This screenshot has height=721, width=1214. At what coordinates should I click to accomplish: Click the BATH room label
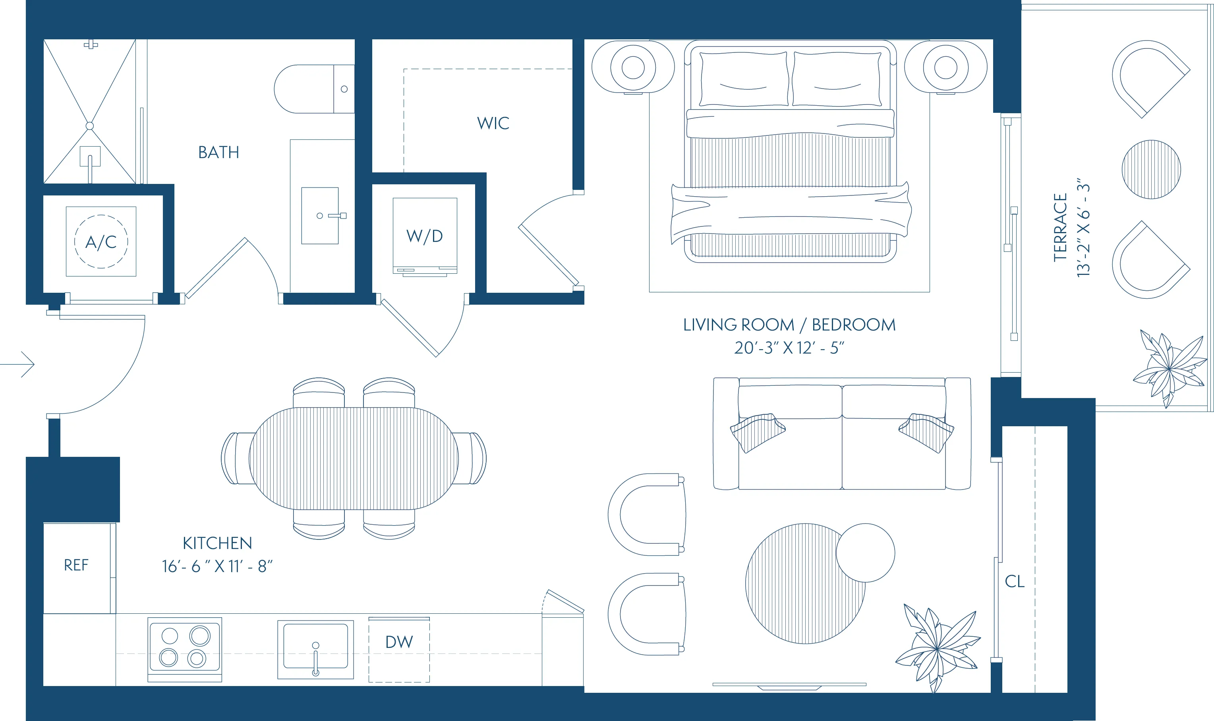[x=218, y=153]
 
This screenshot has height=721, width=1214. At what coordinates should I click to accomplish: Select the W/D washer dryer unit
[x=425, y=236]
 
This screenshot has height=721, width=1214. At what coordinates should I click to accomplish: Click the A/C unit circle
[x=101, y=242]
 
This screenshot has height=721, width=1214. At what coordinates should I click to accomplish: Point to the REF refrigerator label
[x=76, y=565]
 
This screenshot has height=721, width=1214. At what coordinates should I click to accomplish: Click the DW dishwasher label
[x=399, y=642]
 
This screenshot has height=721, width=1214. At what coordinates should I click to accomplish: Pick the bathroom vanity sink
[x=320, y=216]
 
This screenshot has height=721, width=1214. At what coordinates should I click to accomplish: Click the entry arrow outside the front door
[x=19, y=364]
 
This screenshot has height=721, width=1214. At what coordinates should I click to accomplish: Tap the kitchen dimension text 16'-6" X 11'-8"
[x=217, y=566]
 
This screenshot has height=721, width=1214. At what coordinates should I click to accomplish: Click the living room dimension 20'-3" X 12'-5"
[x=789, y=348]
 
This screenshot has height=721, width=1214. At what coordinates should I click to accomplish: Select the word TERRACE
[x=1059, y=227]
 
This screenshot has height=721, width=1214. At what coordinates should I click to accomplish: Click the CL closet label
[x=1014, y=582]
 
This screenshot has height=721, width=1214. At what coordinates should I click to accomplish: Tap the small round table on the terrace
[x=1151, y=170]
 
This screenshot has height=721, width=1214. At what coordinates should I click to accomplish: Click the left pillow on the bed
[x=743, y=79]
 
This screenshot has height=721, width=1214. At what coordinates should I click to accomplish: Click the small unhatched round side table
[x=865, y=553]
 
